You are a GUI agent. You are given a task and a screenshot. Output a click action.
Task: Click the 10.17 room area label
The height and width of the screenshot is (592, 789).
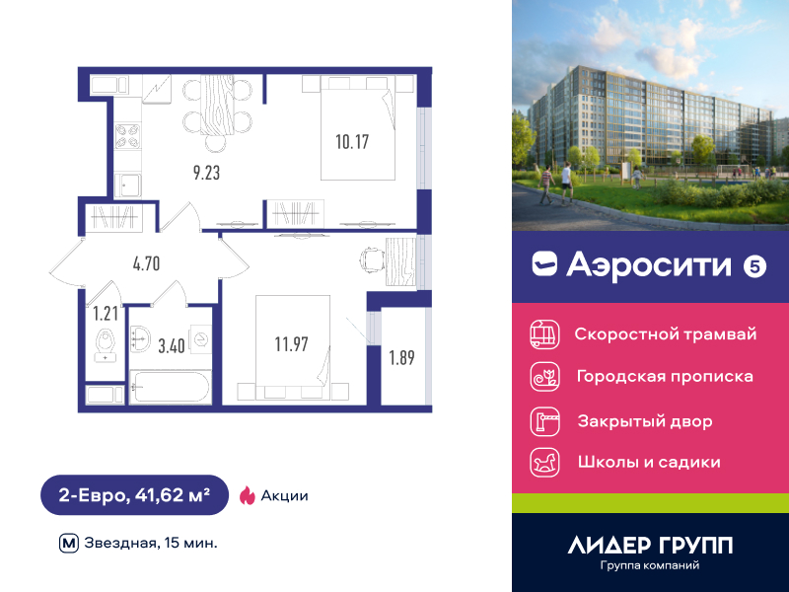point(352,142)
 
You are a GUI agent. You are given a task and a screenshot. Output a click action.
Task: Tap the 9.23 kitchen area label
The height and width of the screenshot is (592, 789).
point(206,173)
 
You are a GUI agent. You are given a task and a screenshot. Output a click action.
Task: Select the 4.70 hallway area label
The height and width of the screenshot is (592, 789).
point(146,263)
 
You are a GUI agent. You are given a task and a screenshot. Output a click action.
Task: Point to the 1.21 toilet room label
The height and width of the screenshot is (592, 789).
point(106,314)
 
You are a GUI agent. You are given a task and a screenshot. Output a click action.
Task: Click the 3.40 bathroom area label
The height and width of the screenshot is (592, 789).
point(172,346)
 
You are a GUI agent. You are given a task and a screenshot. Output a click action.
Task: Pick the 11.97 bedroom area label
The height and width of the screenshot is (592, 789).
point(291,344)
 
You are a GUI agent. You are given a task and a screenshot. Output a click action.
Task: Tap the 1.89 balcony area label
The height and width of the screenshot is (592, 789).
point(401,357)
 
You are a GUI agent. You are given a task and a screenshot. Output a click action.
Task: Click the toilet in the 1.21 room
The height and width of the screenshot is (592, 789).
point(106,345)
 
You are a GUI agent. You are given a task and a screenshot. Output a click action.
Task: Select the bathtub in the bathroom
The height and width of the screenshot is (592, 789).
point(171,387)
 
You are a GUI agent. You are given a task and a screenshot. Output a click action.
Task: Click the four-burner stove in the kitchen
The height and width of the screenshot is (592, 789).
point(128,136)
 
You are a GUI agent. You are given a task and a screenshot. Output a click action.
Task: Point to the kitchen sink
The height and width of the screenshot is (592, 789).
point(128,185)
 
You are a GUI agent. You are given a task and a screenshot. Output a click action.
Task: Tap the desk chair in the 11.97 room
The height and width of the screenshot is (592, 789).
point(372,259)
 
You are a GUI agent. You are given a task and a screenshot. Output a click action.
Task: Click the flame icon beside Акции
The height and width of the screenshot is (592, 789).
point(248,495)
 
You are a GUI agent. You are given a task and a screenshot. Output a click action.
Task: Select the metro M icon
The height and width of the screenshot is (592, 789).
point(69,544)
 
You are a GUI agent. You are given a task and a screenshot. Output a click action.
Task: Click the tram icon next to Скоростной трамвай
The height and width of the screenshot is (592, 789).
point(545,334)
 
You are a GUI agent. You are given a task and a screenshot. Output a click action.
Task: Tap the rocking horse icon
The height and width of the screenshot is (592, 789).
point(545,462)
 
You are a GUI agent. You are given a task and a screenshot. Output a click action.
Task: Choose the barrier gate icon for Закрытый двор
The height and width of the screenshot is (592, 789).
point(545,421)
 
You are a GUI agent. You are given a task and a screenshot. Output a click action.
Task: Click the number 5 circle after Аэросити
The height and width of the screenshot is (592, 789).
point(754,266)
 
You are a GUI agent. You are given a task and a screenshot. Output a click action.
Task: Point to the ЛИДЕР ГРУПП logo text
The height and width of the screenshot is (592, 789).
point(650,546)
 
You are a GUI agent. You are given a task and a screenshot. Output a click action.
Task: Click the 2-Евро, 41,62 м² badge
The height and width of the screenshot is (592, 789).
point(134,495)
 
